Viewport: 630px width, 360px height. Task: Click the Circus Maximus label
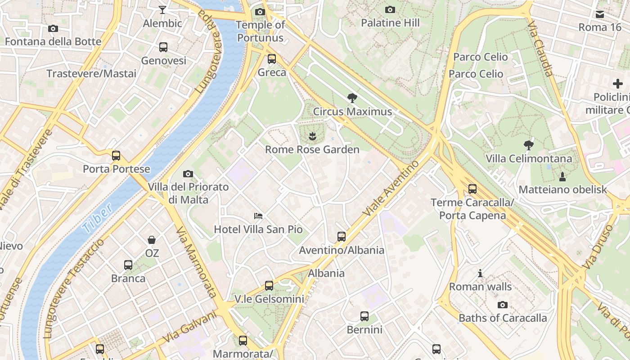coord(352,112)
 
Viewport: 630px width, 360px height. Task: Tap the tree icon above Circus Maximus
coord(352,97)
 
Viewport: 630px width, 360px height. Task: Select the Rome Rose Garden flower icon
coord(312,135)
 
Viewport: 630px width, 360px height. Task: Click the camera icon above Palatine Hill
coord(390,9)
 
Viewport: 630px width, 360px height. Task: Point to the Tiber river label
coord(97,218)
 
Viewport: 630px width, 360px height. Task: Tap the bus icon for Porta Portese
coord(116,156)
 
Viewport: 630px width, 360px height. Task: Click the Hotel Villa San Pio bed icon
coord(258,216)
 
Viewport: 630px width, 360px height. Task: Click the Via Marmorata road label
coord(197,262)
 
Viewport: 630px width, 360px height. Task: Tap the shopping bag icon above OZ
coord(152,240)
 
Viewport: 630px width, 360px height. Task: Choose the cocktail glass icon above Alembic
coord(162,9)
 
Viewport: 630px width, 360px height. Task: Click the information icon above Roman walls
coord(480,274)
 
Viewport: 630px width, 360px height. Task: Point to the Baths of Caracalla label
coord(503,318)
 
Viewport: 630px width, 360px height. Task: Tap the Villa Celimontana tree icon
coord(529,145)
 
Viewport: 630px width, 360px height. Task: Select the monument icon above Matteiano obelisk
coord(562,176)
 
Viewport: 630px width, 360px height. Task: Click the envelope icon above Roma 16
coord(600,14)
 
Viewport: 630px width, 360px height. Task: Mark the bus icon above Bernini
coord(364,316)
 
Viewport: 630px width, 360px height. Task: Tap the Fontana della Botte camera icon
coord(53,29)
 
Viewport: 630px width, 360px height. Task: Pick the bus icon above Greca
coord(272,58)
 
